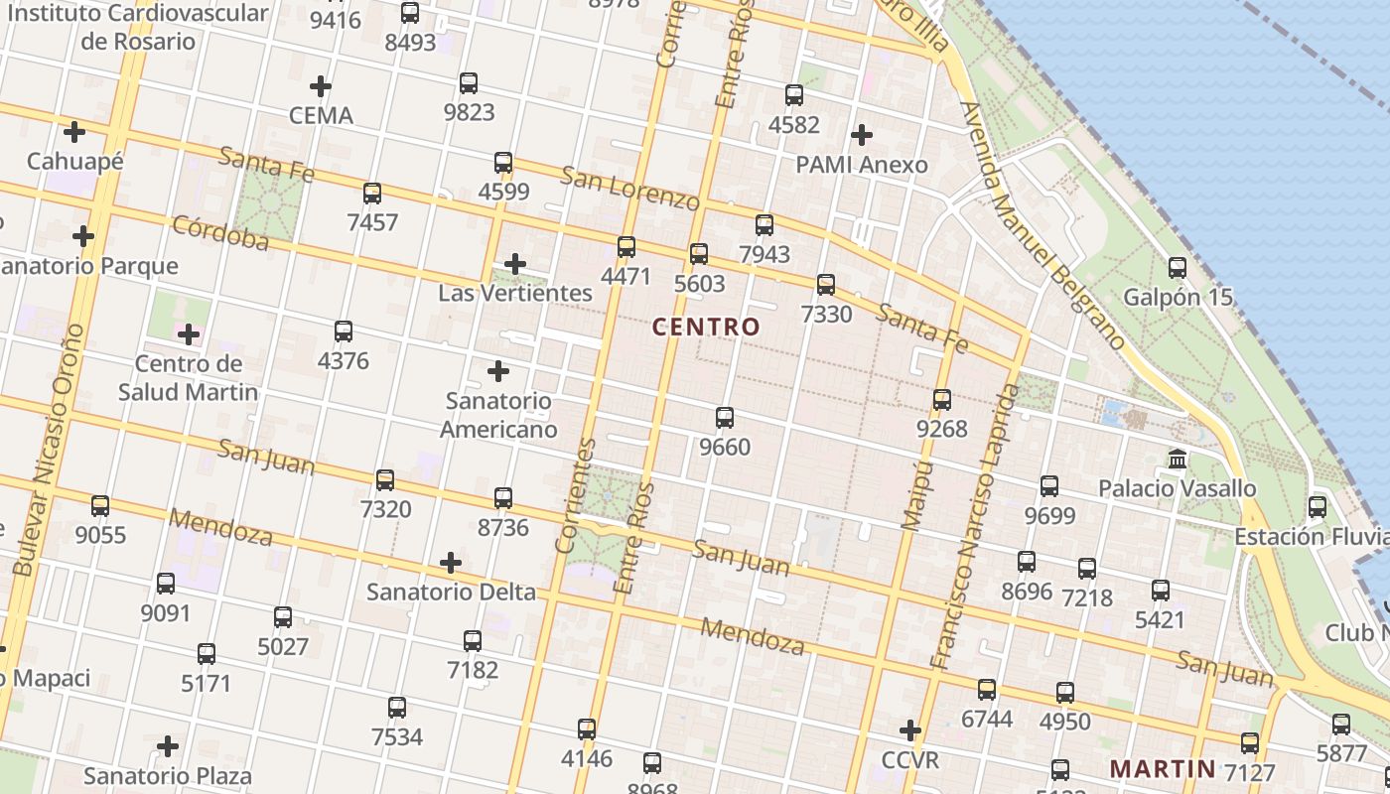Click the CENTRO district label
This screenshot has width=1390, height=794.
[x=706, y=327]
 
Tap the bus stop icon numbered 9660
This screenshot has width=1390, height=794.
[x=725, y=418]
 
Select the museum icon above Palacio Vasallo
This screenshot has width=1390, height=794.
[x=1178, y=460]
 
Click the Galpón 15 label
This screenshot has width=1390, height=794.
[x=1178, y=297]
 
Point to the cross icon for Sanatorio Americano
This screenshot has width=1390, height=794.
[x=498, y=371]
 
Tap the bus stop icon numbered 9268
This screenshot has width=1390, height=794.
[x=941, y=400]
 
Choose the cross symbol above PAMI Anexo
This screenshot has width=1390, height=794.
[x=862, y=134]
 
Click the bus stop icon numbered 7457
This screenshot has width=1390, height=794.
[x=372, y=194]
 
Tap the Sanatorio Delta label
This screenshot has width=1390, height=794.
[x=451, y=593]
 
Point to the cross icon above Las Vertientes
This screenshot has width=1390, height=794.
[x=514, y=264]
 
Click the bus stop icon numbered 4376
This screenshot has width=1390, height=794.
[x=344, y=331]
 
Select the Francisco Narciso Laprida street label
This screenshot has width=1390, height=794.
[x=975, y=526]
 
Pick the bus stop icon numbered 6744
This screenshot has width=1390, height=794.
[x=986, y=689]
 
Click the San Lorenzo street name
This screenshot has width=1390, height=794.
[x=629, y=188]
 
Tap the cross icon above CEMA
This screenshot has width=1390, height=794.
[x=320, y=86]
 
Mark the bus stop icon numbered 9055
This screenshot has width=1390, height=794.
[x=100, y=506]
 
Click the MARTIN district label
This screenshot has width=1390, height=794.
[x=1162, y=768]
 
